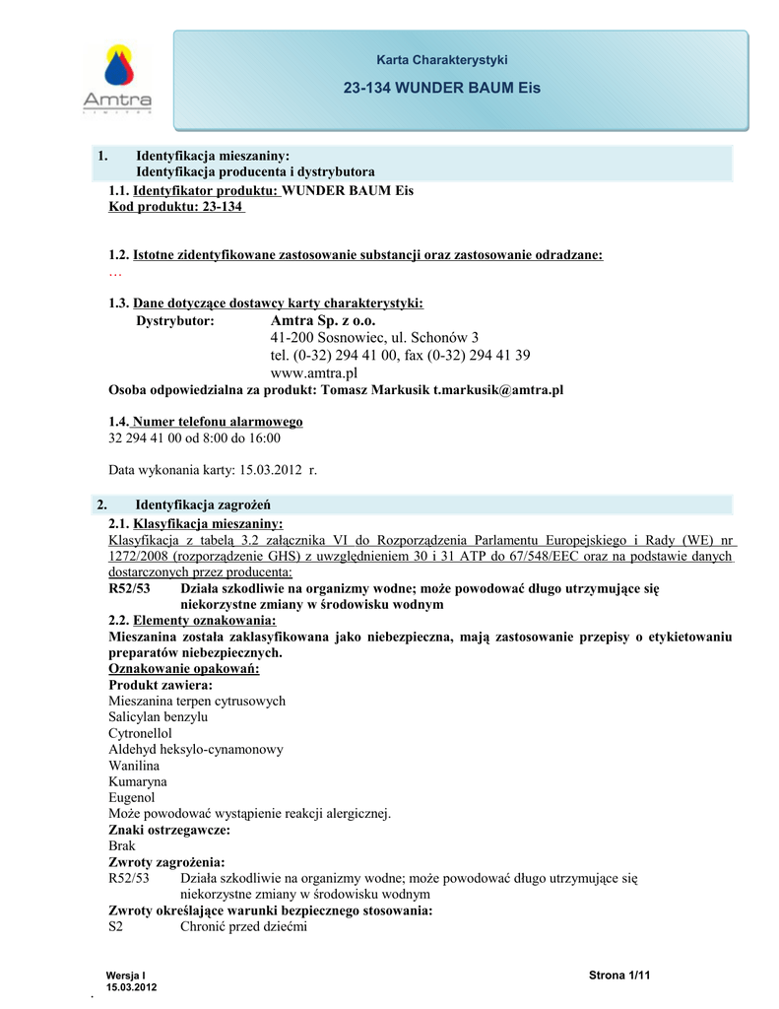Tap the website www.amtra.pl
[313, 373]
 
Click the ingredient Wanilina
[134, 765]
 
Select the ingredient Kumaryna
[137, 780]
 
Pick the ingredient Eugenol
[131, 797]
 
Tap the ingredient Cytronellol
[140, 733]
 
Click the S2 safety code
[116, 926]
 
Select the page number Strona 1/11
[620, 975]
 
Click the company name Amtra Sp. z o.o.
[323, 320]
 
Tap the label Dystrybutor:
[174, 321]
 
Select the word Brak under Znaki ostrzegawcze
[122, 845]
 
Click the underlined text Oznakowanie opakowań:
[183, 669]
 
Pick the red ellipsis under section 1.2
[114, 272]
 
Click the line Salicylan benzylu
[158, 716]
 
